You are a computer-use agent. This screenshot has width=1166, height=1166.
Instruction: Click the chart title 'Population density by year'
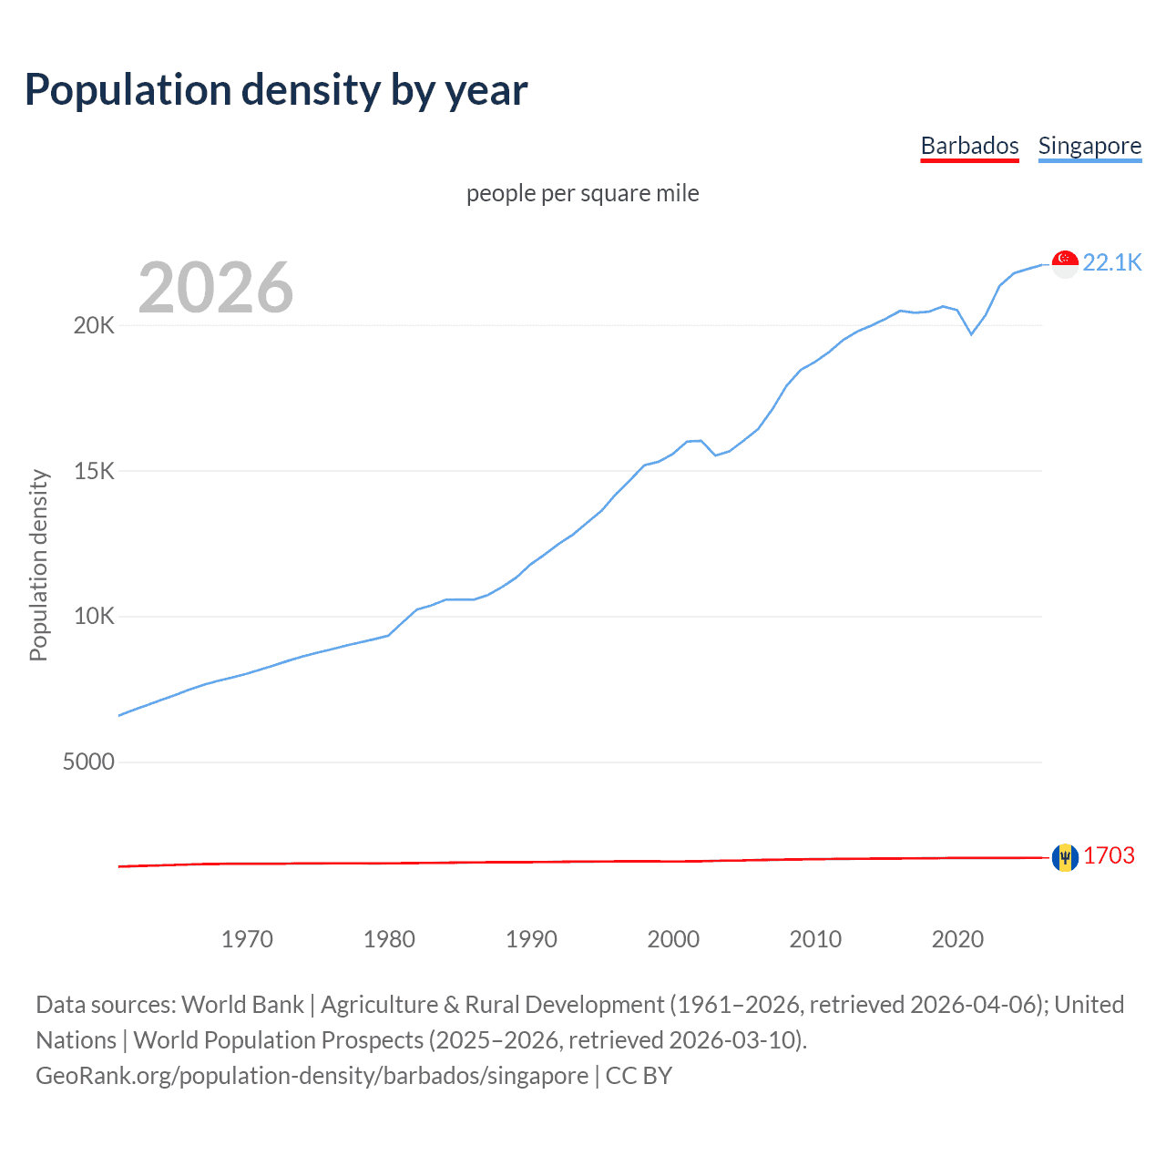pos(276,90)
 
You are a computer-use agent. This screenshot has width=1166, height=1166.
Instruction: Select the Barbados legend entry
pos(969,146)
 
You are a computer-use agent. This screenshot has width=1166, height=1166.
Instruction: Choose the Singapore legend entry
pos(1089,146)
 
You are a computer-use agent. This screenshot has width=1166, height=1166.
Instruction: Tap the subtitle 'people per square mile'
pos(583,193)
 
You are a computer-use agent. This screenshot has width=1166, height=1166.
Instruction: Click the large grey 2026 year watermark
pos(216,288)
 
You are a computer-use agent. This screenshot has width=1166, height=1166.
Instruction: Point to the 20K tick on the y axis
pos(94,326)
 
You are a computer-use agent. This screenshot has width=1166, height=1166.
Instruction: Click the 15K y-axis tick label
pos(94,471)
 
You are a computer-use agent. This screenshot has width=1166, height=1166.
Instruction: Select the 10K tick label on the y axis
pos(94,617)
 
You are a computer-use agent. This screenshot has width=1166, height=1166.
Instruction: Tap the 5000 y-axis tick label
pos(88,762)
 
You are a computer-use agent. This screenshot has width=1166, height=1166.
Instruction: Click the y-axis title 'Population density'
pos(38,565)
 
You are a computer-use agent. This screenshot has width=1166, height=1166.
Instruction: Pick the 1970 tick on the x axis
pos(247,939)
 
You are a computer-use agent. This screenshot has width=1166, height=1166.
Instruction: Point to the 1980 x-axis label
pos(389,939)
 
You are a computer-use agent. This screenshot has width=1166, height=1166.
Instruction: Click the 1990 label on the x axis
pos(531,939)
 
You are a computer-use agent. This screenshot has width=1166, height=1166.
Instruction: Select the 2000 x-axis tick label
pos(673,939)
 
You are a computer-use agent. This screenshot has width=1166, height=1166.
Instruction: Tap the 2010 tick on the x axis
pos(815,939)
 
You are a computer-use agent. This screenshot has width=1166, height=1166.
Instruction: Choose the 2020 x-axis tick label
pos(957,939)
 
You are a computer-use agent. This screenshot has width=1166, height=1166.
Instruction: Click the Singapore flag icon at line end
pos(1065,263)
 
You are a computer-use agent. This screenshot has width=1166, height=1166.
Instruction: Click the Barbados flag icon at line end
pos(1065,857)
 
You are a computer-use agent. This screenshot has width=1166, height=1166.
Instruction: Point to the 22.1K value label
pos(1112,262)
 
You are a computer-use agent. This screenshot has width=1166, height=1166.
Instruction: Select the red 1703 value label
pos(1109,856)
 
